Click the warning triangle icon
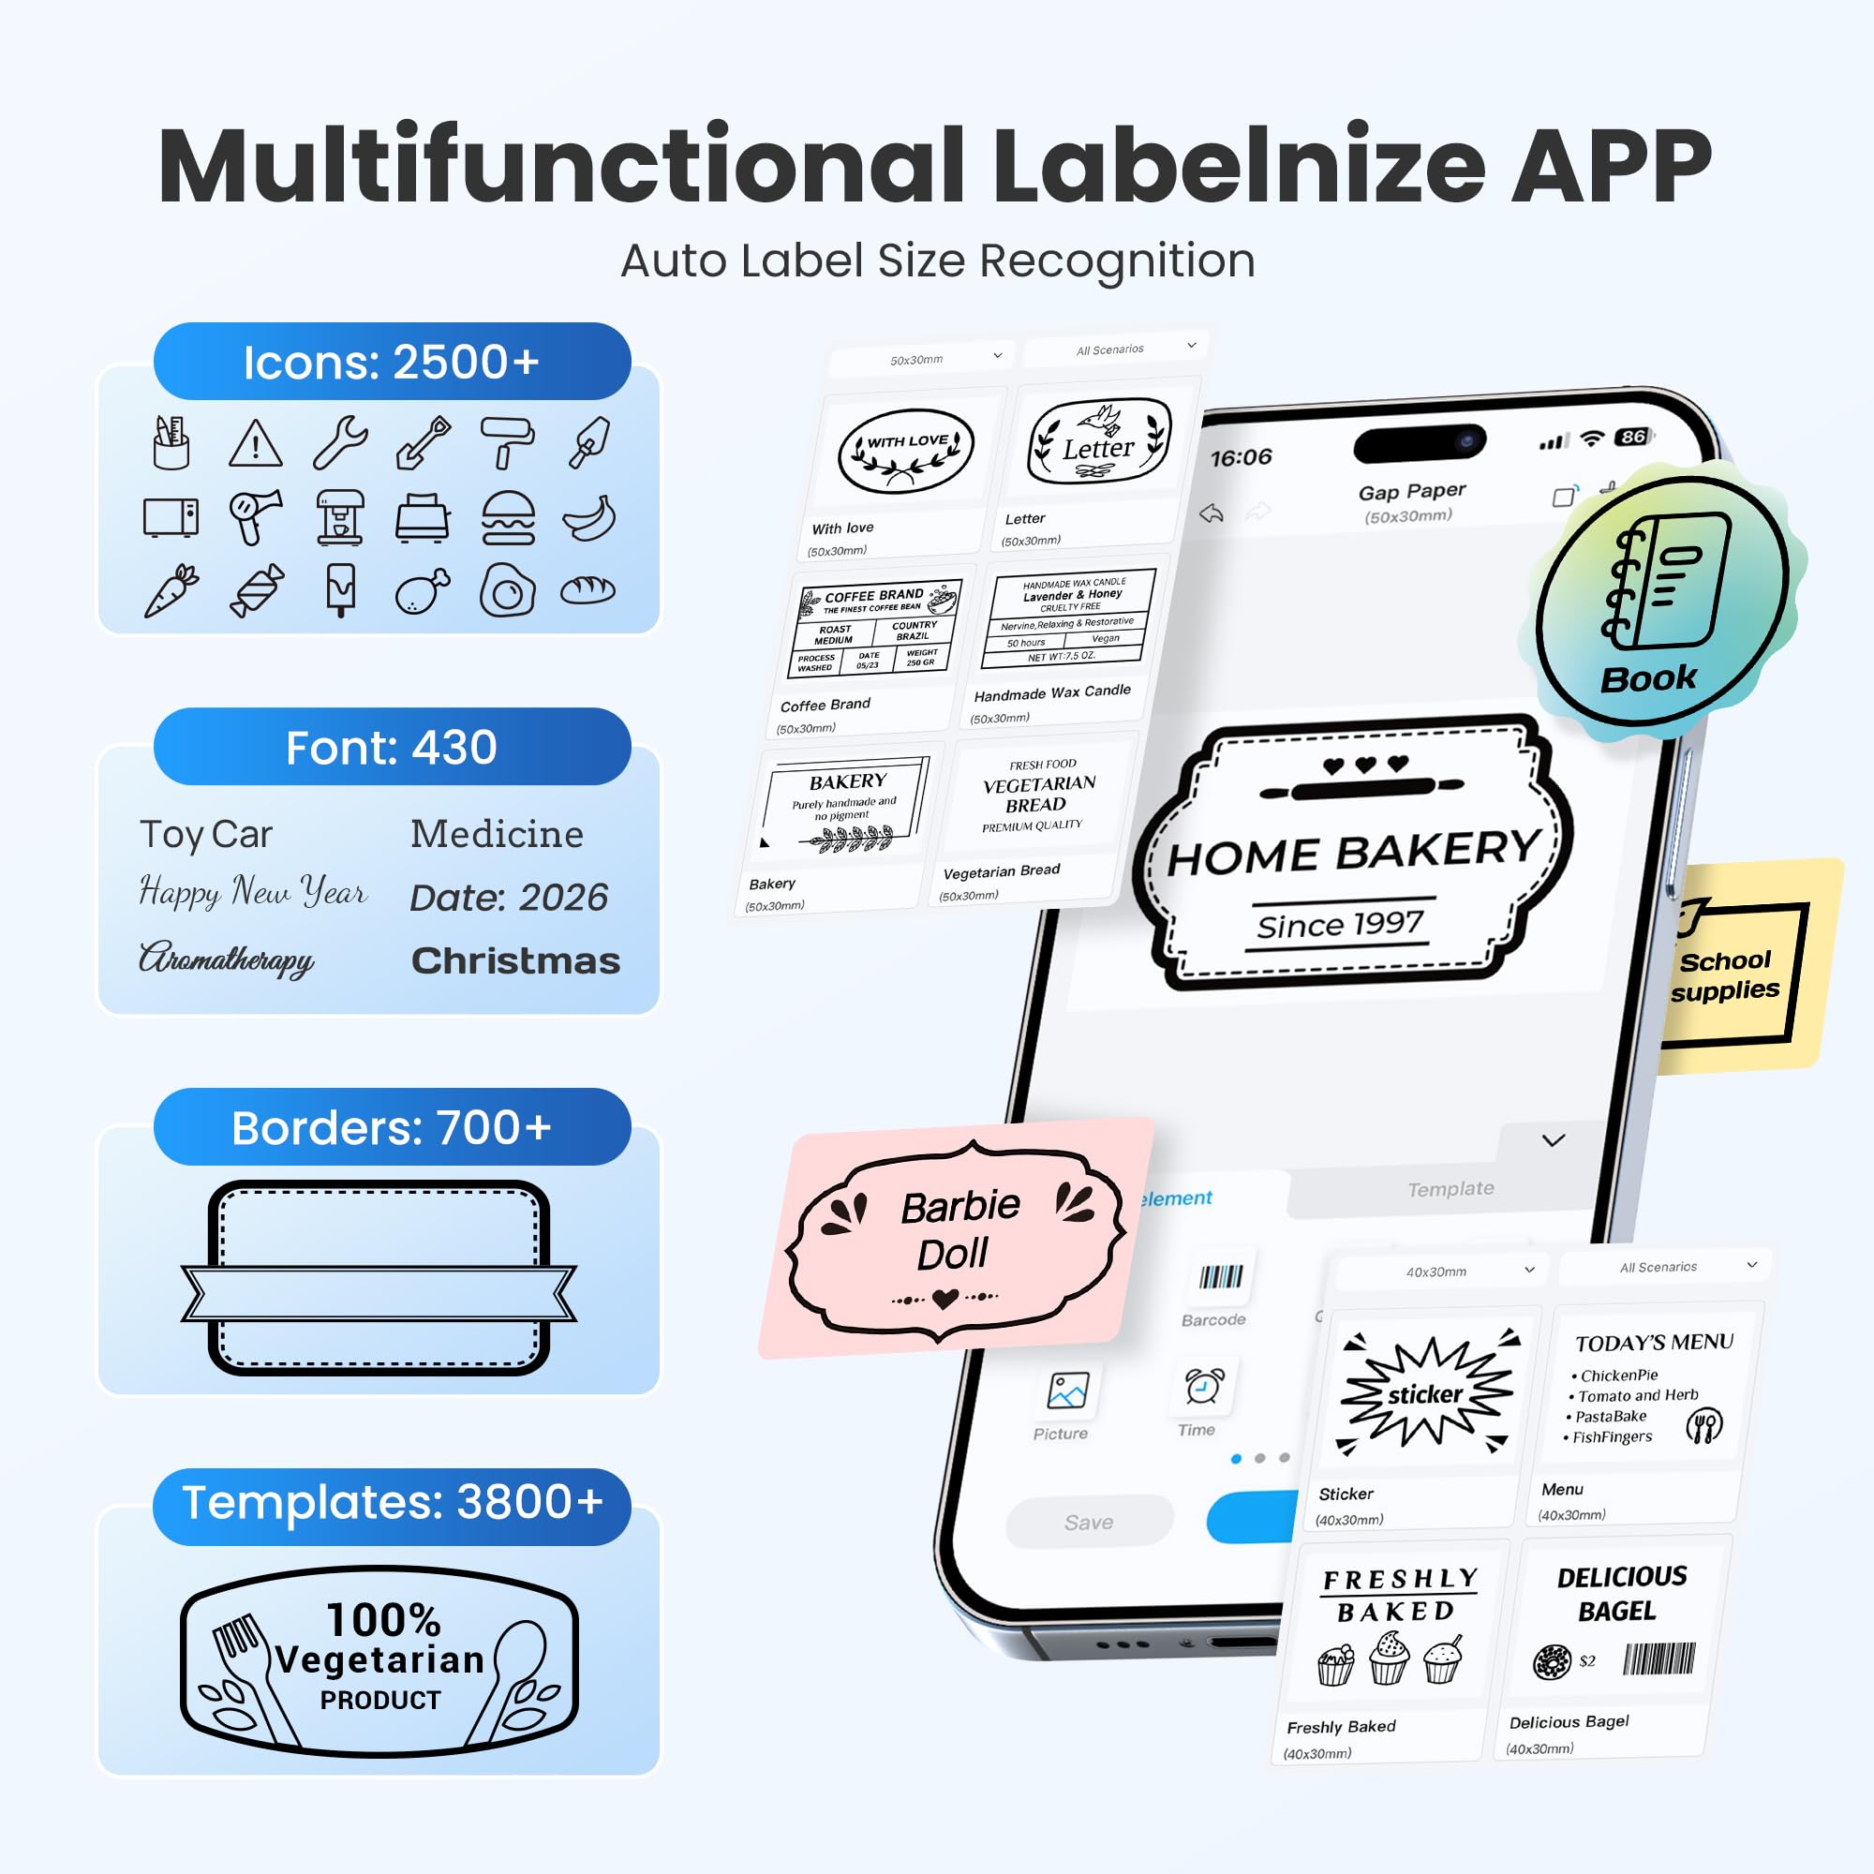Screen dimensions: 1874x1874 [255, 444]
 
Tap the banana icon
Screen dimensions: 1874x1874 [589, 518]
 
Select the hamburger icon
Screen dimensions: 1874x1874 [507, 518]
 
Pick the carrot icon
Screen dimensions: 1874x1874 [171, 589]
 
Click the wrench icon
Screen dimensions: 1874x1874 [340, 442]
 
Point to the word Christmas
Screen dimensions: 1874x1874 [515, 961]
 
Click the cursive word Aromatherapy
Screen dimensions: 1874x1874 [227, 959]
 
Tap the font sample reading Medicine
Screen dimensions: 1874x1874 [497, 834]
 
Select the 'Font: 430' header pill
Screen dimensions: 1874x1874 [392, 747]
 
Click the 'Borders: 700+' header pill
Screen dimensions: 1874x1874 [392, 1127]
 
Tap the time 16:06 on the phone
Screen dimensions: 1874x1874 [1241, 457]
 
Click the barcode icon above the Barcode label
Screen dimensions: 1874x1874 [1220, 1276]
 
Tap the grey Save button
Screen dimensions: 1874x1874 [1088, 1522]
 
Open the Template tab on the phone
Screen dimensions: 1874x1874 [1450, 1189]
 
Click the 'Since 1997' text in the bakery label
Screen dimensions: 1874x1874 [1340, 925]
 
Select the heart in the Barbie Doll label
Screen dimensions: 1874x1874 [944, 1298]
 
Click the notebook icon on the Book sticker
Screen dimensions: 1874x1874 [1664, 581]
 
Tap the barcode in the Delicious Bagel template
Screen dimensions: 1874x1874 [1659, 1659]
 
